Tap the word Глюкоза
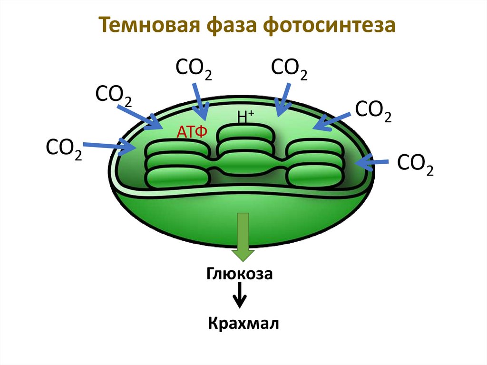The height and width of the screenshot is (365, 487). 240,275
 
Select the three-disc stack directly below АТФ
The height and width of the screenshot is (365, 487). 177,164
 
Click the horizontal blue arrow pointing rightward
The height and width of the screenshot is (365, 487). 109,147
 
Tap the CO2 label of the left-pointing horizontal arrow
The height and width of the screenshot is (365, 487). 415,164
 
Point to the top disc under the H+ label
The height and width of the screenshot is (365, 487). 245,133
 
